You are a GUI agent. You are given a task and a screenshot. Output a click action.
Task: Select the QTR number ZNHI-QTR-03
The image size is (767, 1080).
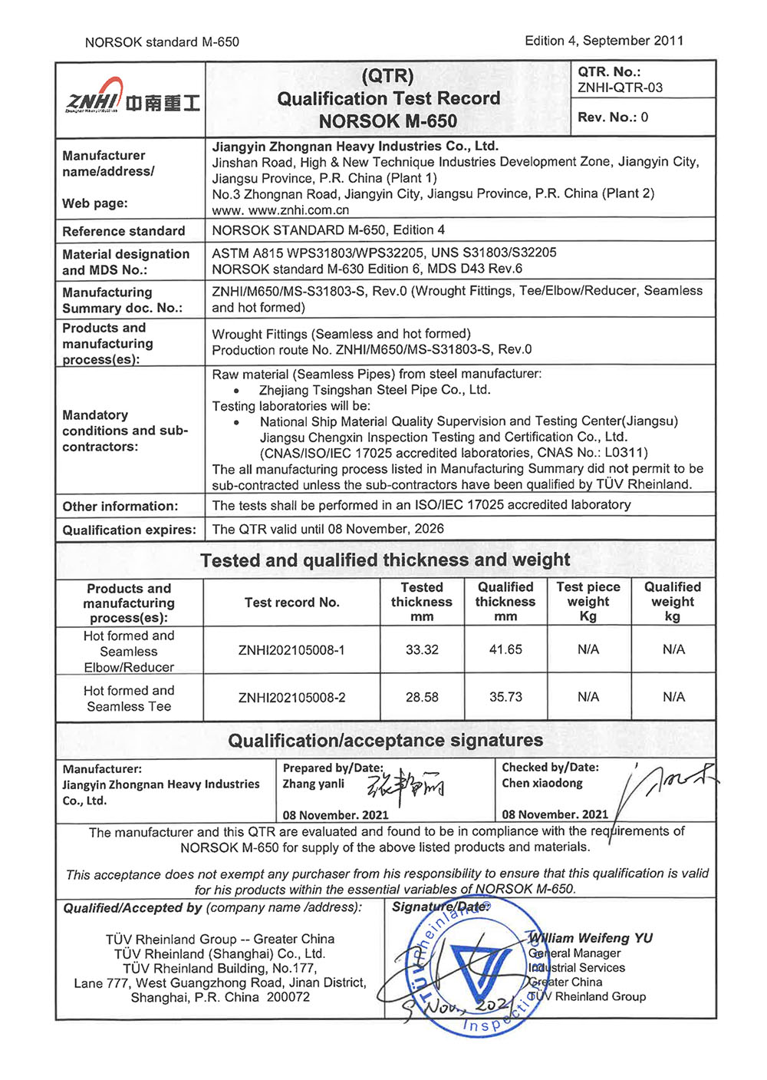tap(620, 88)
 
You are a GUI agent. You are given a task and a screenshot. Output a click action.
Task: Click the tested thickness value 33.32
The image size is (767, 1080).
tap(422, 649)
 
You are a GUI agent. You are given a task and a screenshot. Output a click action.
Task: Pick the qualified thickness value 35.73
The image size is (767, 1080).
tap(505, 697)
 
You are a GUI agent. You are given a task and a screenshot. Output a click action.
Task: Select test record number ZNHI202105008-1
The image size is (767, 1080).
tap(291, 650)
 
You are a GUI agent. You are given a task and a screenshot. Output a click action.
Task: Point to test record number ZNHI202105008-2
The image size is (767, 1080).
tap(291, 698)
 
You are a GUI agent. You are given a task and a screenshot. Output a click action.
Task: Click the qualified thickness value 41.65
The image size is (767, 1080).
tap(505, 649)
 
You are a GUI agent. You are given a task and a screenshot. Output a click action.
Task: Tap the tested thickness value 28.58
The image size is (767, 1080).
tap(422, 697)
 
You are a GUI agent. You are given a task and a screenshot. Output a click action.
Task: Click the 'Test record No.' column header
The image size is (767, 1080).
tap(291, 603)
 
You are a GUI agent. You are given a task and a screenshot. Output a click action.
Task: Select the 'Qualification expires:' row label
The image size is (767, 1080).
tap(129, 530)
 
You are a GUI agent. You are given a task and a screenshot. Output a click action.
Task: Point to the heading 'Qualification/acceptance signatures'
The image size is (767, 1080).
tap(385, 741)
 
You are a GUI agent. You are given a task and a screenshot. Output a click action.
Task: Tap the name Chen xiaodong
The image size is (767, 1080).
tap(542, 783)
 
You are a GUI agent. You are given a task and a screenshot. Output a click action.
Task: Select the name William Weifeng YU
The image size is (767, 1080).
tap(591, 938)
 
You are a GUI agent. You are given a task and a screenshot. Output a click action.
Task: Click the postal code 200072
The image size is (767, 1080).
tap(288, 997)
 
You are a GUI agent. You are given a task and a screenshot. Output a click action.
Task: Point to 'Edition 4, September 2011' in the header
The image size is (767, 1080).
tap(604, 41)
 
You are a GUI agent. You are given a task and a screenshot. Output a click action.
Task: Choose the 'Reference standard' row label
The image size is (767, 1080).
tap(123, 231)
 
